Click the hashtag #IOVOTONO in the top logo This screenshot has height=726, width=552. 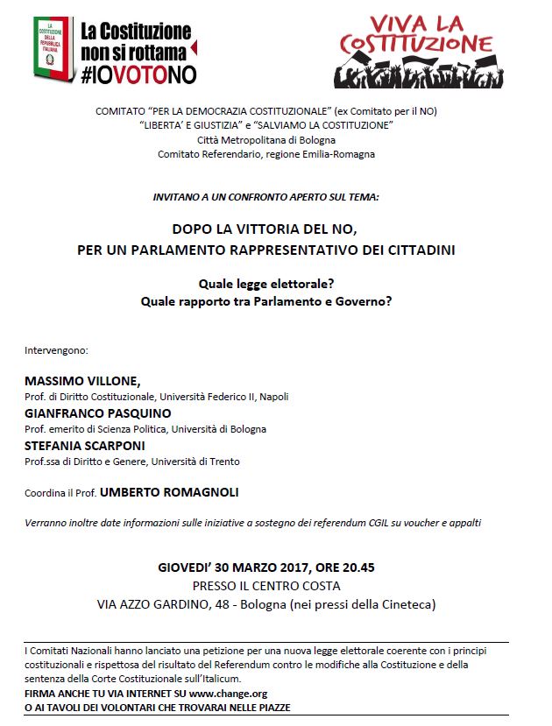point(138,74)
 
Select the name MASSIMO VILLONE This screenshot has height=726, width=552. point(81,381)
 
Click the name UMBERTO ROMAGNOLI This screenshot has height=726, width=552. point(169,492)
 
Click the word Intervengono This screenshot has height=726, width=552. point(57,350)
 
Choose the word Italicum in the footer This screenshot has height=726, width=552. point(218,679)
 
